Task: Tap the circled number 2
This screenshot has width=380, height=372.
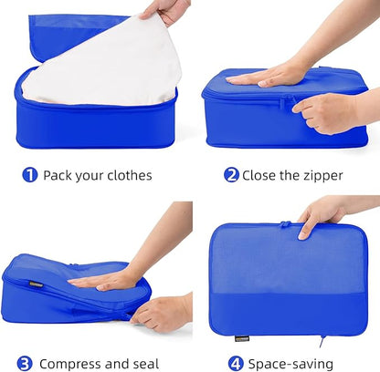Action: click(231, 174)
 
